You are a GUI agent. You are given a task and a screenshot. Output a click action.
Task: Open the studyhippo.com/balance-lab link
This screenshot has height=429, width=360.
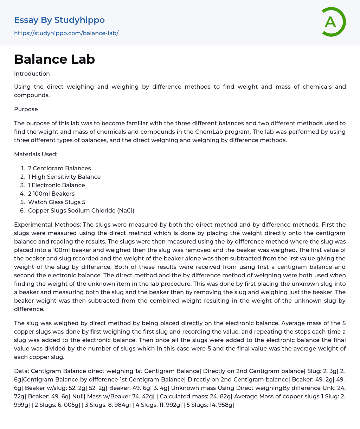[x=66, y=33]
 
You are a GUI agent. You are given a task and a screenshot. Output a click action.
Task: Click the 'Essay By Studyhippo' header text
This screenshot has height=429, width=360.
[x=59, y=20]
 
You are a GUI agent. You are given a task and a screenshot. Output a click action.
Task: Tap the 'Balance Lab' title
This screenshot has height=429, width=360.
[x=54, y=59]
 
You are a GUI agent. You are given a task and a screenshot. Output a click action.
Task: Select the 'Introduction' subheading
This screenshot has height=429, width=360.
[x=32, y=74]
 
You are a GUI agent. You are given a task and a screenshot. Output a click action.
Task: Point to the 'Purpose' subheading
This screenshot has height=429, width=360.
[x=26, y=109]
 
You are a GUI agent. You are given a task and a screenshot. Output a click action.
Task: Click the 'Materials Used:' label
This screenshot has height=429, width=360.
[x=36, y=154]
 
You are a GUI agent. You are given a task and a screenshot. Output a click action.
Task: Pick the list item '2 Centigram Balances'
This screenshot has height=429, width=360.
[x=59, y=168]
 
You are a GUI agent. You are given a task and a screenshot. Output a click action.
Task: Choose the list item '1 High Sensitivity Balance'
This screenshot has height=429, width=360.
[x=64, y=177]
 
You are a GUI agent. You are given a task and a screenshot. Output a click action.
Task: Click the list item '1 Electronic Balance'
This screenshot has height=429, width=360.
[x=57, y=185]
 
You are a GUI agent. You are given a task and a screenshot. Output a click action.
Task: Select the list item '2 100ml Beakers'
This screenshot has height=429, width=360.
[x=51, y=194]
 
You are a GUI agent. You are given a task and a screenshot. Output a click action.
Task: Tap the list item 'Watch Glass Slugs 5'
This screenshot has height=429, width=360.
[x=57, y=202]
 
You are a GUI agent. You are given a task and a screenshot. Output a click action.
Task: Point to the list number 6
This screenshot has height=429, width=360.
[x=22, y=210]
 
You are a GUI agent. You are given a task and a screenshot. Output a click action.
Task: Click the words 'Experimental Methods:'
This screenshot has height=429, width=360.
[x=47, y=225]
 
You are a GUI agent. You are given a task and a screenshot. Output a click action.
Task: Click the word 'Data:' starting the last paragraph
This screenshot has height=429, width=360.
[x=21, y=371]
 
